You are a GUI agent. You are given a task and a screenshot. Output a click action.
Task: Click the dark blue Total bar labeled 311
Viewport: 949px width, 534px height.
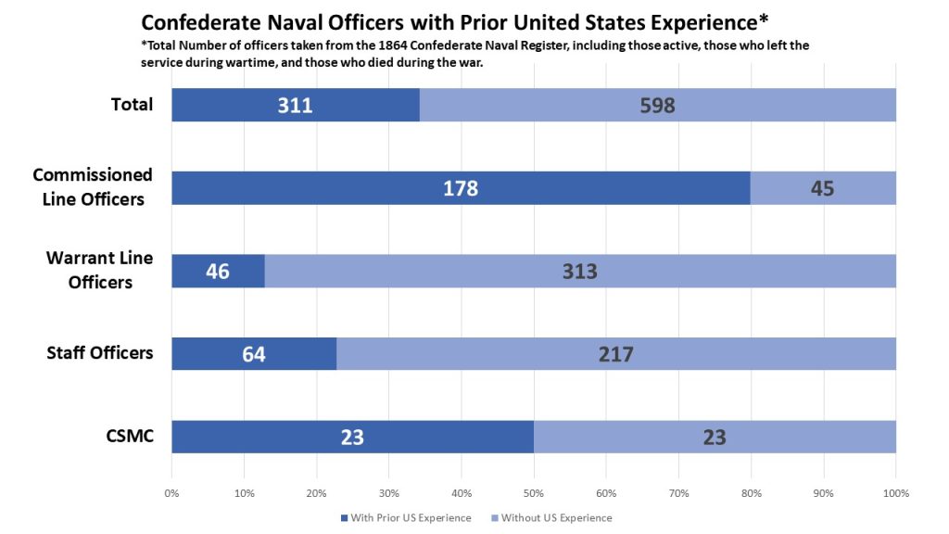pyautogui.click(x=295, y=105)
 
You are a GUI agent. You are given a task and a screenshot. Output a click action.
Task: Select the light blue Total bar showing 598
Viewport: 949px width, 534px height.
pyautogui.click(x=657, y=105)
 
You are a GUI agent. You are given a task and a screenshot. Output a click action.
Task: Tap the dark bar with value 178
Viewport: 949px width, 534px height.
pyautogui.click(x=460, y=188)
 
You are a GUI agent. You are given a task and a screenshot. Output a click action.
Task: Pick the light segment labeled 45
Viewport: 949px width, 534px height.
pyautogui.click(x=822, y=188)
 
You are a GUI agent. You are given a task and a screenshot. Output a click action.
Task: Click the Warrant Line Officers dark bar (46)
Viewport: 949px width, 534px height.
pyautogui.click(x=218, y=271)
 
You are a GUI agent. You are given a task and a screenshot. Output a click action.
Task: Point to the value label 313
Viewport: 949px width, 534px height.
pyautogui.click(x=579, y=271)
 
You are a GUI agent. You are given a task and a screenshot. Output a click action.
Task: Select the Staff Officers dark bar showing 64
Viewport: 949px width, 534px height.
pyautogui.click(x=254, y=353)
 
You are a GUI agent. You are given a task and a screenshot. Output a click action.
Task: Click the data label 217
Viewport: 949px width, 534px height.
pyautogui.click(x=615, y=353)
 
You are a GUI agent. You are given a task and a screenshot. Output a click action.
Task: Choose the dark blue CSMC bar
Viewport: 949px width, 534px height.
pyautogui.click(x=352, y=437)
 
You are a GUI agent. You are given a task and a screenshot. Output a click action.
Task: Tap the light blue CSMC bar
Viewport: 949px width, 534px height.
pyautogui.click(x=714, y=437)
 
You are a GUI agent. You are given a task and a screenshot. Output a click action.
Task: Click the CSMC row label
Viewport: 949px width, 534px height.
pyautogui.click(x=129, y=436)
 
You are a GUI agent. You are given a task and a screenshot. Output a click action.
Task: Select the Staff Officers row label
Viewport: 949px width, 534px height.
pyautogui.click(x=100, y=352)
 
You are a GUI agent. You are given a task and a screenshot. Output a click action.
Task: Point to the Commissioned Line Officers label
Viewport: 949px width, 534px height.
pyautogui.click(x=93, y=186)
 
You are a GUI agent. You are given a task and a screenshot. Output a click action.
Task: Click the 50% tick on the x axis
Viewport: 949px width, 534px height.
pyautogui.click(x=534, y=492)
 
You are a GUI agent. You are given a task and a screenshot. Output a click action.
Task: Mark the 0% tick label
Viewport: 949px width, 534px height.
pyautogui.click(x=172, y=492)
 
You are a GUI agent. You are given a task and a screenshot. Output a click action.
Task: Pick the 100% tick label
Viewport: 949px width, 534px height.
pyautogui.click(x=895, y=492)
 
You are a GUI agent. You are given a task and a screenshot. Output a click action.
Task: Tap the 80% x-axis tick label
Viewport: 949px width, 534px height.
pyautogui.click(x=751, y=492)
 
